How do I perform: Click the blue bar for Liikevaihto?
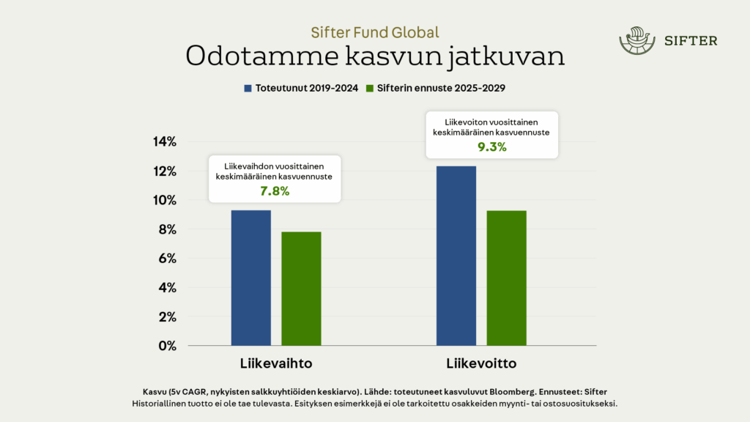[251, 278]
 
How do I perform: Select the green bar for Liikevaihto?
[301, 289]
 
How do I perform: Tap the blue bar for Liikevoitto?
[456, 256]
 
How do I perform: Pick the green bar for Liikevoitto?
[507, 278]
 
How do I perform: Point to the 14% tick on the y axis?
[163, 142]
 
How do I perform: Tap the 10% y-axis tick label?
[163, 200]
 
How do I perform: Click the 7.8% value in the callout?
[275, 191]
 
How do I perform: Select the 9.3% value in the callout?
[492, 147]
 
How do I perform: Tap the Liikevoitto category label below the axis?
[482, 363]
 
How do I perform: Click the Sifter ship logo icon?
[635, 41]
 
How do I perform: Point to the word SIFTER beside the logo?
[691, 41]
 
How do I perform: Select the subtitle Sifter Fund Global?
[375, 32]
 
